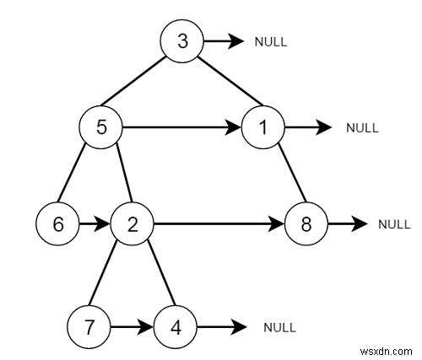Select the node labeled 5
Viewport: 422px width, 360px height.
[100, 128]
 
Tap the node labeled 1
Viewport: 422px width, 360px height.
[262, 128]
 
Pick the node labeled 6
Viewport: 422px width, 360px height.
[57, 224]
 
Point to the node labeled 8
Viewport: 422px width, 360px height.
[305, 224]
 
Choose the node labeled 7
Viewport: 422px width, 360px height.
[89, 325]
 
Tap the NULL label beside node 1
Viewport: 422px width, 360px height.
[362, 129]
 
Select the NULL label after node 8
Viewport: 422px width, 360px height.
[393, 224]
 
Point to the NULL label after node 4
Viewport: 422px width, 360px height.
[279, 325]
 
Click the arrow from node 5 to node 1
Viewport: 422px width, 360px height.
[181, 129]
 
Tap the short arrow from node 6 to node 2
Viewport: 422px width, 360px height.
[94, 224]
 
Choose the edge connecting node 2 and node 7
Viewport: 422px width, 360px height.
[110, 275]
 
